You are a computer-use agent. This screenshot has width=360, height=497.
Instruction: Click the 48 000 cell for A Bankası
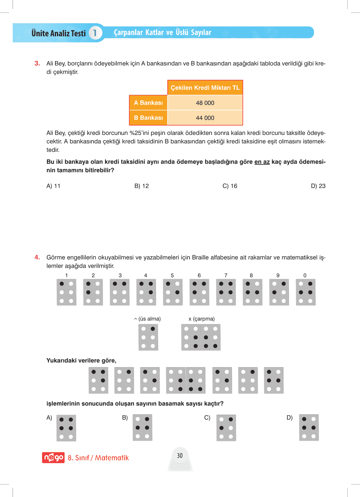click(205, 103)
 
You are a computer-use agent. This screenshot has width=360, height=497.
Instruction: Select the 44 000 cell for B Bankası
click(205, 118)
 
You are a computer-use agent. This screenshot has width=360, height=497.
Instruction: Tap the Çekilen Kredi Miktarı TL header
click(205, 88)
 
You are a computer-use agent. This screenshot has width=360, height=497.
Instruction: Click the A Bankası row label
click(148, 103)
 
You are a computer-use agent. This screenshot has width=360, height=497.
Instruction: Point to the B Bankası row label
click(148, 118)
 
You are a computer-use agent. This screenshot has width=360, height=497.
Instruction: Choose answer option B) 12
click(142, 186)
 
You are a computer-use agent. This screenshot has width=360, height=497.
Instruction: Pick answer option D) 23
click(318, 186)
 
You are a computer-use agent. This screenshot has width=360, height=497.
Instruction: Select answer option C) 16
click(230, 186)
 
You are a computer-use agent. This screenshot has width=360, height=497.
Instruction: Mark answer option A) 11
click(54, 186)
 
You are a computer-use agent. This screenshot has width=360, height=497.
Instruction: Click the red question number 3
click(37, 64)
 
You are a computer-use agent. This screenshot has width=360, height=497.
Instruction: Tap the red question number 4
click(37, 257)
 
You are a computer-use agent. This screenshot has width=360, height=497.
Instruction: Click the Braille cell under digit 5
click(173, 292)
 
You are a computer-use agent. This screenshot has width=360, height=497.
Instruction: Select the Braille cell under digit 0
click(306, 292)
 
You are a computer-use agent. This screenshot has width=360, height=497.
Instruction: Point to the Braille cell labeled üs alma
click(148, 337)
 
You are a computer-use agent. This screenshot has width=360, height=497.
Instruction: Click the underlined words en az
click(262, 162)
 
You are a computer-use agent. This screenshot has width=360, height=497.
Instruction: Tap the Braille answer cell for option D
click(309, 428)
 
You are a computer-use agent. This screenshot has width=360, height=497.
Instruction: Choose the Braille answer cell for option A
click(66, 428)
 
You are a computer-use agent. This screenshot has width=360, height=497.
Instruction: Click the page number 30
click(180, 456)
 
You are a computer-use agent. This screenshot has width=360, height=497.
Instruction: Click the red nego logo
click(53, 457)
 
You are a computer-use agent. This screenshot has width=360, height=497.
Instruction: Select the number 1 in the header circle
click(95, 33)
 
